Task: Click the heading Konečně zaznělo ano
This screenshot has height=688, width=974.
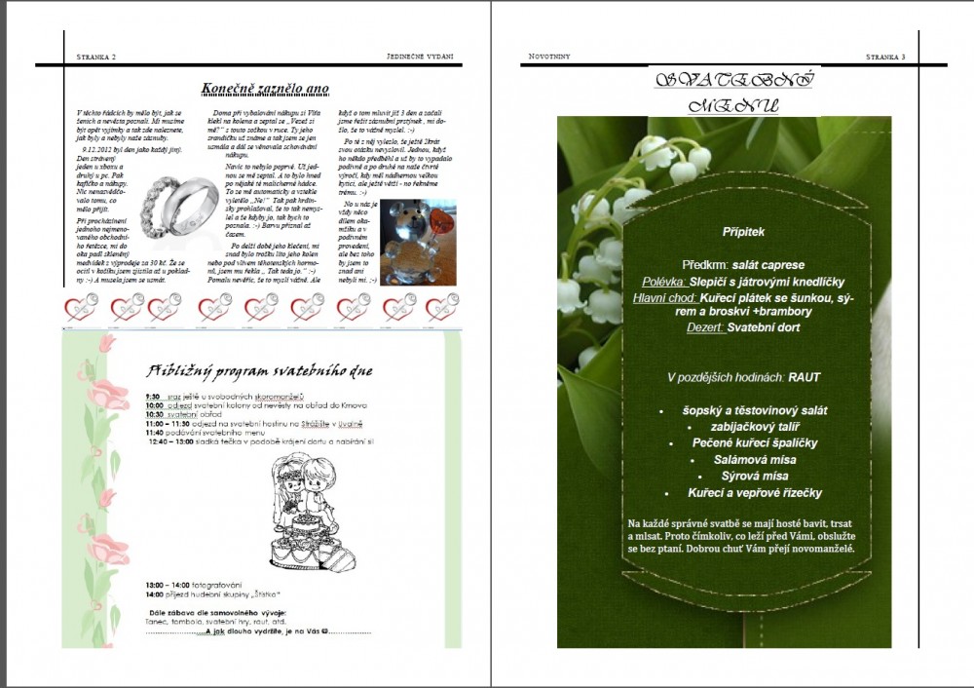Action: click(265, 89)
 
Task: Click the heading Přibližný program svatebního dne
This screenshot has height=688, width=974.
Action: click(259, 370)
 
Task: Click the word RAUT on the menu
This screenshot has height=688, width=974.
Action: click(805, 376)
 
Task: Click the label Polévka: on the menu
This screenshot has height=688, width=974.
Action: click(657, 281)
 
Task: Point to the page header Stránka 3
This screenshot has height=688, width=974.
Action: click(885, 57)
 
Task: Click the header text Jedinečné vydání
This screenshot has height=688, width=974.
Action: click(420, 57)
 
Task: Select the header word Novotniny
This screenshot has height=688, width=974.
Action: click(549, 57)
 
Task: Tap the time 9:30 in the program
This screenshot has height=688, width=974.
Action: click(153, 398)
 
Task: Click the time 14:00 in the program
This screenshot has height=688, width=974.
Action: click(154, 593)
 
